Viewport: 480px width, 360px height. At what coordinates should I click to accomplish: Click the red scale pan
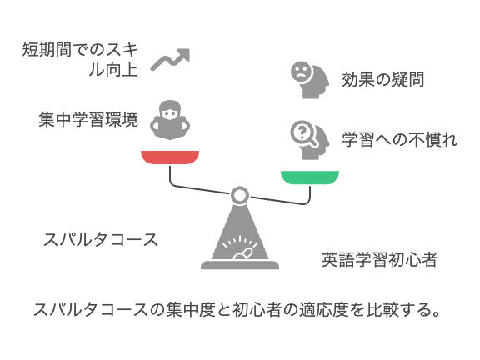[x=170, y=157]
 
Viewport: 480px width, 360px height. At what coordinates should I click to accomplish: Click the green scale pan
[x=310, y=177]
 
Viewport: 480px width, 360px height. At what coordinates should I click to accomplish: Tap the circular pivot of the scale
[x=240, y=195]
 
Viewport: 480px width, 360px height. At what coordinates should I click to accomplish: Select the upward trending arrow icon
[x=171, y=60]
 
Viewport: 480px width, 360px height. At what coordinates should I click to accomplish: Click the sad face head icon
[x=309, y=80]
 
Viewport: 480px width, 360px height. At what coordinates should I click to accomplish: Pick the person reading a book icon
[x=170, y=120]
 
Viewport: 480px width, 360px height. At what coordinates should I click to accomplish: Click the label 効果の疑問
[x=383, y=80]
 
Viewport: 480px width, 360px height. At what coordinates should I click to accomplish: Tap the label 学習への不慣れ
[x=400, y=140]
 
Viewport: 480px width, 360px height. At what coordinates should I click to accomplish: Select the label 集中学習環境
[x=88, y=119]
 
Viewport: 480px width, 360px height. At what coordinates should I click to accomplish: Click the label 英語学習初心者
[x=380, y=260]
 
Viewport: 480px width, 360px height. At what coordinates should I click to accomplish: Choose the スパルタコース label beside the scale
[x=101, y=239]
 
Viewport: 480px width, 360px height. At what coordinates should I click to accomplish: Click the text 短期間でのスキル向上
[x=80, y=59]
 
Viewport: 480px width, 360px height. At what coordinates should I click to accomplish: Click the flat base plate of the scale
[x=240, y=265]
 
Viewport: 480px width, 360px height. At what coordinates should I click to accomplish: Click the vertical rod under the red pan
[x=170, y=174]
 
